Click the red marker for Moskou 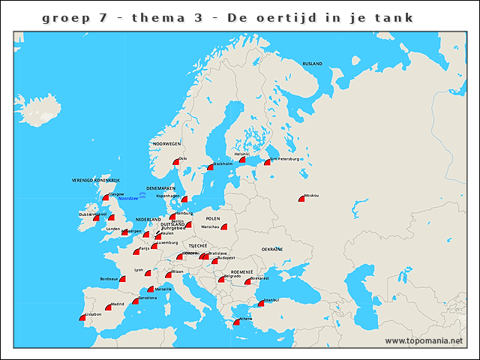301,199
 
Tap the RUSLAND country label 313,64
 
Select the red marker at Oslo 176,161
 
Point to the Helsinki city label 241,154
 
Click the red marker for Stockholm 211,166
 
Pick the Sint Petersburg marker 267,162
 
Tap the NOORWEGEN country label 166,143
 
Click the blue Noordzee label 128,198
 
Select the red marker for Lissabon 82,318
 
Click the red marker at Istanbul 261,304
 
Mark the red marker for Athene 237,322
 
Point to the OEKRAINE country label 272,249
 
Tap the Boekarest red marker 247,282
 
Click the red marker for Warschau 223,226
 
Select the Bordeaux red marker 122,279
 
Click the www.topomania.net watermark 424,340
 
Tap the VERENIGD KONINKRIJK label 96,181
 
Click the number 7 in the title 102,17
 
